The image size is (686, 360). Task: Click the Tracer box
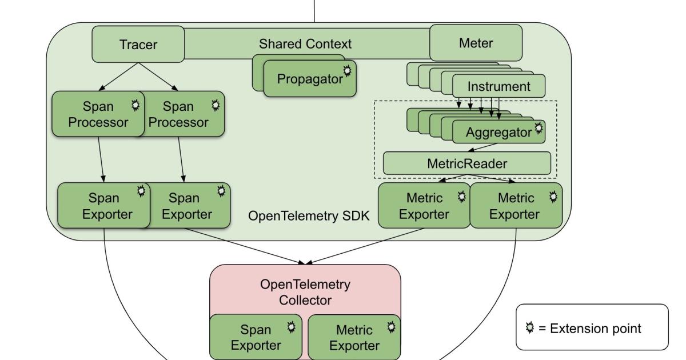point(138,44)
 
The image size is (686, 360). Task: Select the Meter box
point(476,43)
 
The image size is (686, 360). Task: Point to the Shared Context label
point(305,43)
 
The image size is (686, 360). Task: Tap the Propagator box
point(309,79)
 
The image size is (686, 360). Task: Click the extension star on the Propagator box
point(346,70)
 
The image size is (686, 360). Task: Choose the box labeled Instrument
point(498,87)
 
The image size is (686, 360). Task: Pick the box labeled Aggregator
point(497,133)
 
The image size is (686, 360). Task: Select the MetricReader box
point(466,163)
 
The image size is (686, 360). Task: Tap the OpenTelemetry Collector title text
point(305,291)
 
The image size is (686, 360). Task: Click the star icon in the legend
point(530,328)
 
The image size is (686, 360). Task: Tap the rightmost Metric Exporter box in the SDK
point(516,206)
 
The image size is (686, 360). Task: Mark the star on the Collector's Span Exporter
point(292,326)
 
